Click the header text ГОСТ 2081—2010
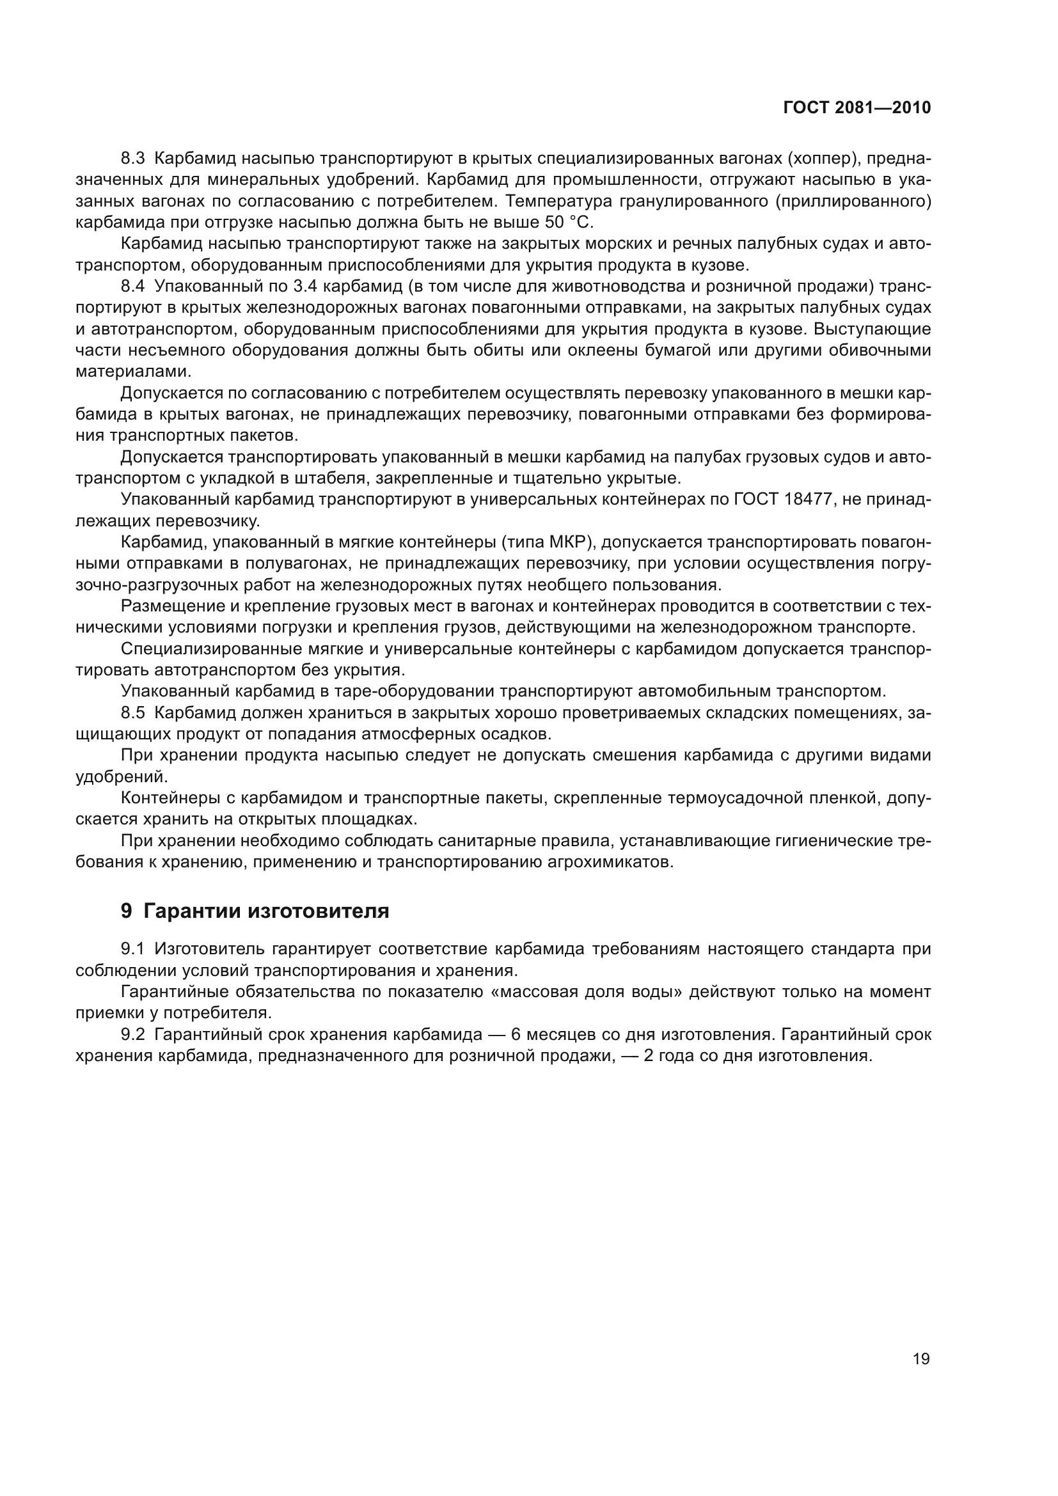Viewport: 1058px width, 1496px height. (x=857, y=107)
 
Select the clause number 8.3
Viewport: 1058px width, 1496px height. (x=134, y=159)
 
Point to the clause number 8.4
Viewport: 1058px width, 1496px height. (x=134, y=286)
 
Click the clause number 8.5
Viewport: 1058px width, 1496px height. (x=134, y=713)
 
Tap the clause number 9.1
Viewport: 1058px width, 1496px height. (x=134, y=949)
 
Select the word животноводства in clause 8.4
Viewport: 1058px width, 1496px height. (x=486, y=286)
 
